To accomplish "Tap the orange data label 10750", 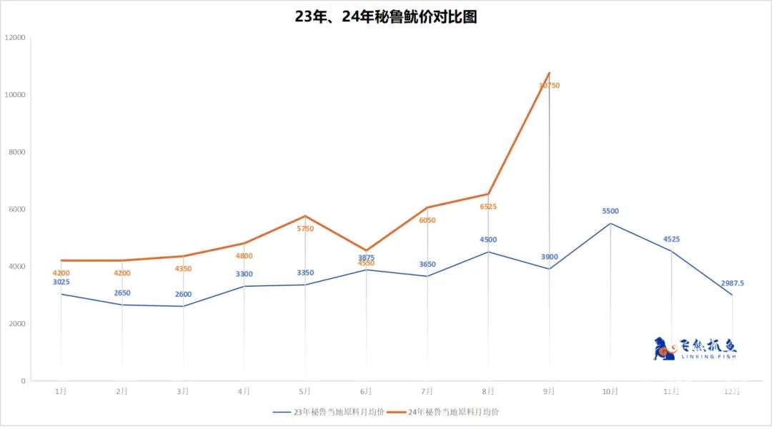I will [x=549, y=85].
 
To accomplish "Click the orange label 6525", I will [x=488, y=207].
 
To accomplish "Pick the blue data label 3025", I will [x=61, y=283].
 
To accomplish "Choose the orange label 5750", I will [x=305, y=229].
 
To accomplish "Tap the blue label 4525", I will [x=671, y=239].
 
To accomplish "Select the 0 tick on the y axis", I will [x=23, y=381].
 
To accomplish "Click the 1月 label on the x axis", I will [x=61, y=391].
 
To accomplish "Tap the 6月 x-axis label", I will [x=366, y=391].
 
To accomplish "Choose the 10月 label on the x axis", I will [x=610, y=391].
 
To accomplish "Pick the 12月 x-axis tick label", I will [x=732, y=391].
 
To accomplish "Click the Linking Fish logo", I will [x=695, y=348].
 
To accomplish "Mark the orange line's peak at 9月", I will [x=549, y=73].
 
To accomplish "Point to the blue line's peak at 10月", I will [x=610, y=223].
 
